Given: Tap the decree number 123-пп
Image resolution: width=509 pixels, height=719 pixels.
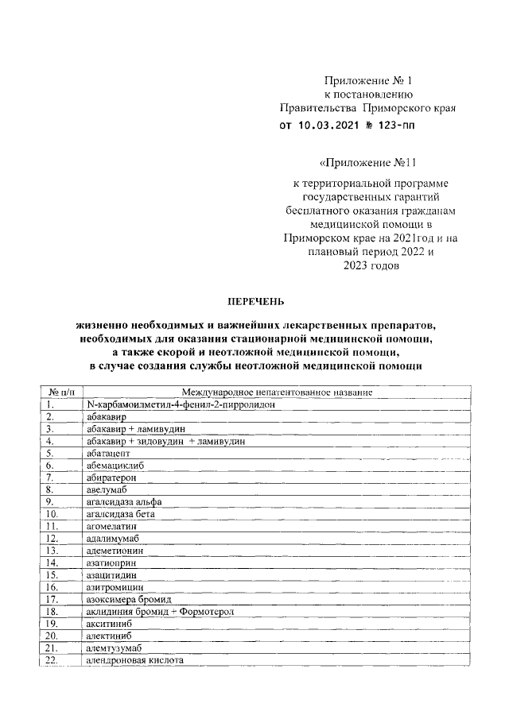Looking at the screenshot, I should (x=389, y=125).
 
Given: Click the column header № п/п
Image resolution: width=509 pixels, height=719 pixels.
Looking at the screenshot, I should (x=60, y=392).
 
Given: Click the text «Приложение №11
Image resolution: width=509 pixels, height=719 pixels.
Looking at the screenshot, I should (x=368, y=164).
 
